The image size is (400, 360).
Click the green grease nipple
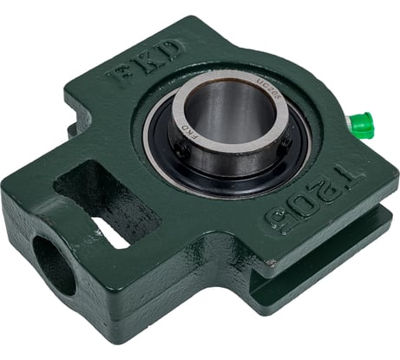coord(362,123)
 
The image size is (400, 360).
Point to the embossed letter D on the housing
coord(170,49)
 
